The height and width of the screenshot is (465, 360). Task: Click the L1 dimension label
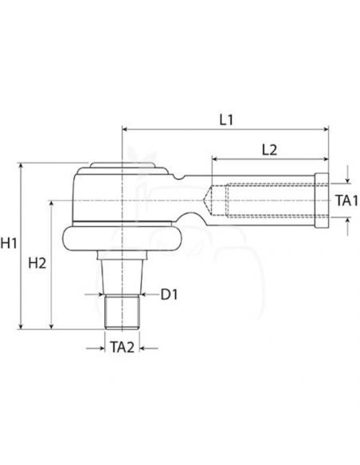pyautogui.click(x=225, y=119)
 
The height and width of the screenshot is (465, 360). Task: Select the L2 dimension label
pyautogui.click(x=269, y=150)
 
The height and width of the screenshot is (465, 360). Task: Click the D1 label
pyautogui.click(x=169, y=295)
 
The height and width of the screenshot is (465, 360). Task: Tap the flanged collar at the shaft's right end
pyautogui.click(x=323, y=201)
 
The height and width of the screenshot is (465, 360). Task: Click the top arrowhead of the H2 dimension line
pyautogui.click(x=52, y=203)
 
